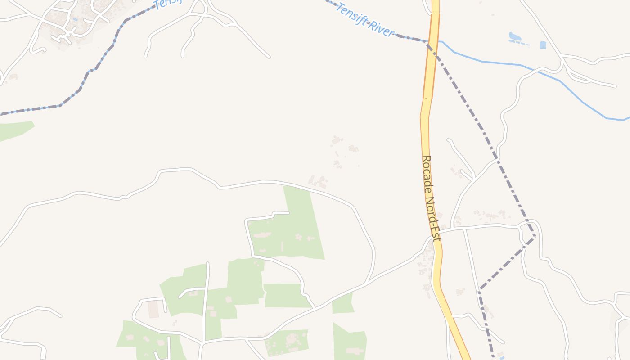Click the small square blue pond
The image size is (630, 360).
coord(543,45)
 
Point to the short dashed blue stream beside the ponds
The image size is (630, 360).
coord(519,43)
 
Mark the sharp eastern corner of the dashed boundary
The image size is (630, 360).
coord(535,235)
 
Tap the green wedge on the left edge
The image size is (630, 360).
coord(13,130)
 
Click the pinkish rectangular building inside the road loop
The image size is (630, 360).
coord(153,309)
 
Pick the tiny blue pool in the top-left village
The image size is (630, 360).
coord(75,19)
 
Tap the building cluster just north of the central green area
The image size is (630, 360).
coord(318,182)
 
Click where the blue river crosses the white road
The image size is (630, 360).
coord(540,71)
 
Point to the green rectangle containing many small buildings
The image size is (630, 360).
coord(287,342)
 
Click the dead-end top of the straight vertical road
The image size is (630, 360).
coord(207,263)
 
